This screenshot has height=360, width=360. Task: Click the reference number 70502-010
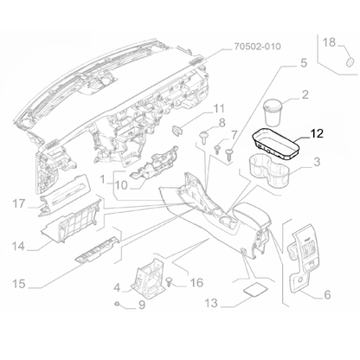tap(257, 48)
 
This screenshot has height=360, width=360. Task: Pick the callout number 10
tap(120, 184)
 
